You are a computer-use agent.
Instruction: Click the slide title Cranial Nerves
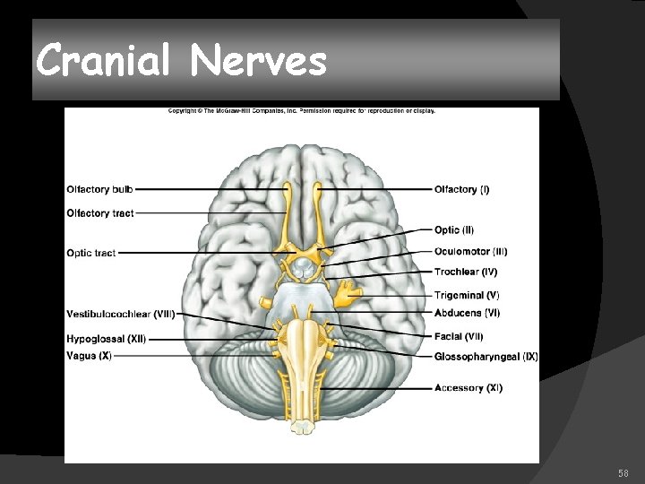coord(182,61)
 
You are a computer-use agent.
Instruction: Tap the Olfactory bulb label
coord(100,190)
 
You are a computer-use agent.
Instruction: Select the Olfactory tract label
coord(100,213)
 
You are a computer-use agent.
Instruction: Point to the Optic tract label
coord(90,254)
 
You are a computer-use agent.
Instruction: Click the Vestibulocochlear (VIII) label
coord(120,314)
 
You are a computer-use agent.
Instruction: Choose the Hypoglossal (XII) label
coord(106,340)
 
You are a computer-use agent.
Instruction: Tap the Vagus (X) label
coord(89,356)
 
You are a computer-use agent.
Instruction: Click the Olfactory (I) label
coord(461,190)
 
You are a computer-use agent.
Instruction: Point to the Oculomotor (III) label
coord(470,252)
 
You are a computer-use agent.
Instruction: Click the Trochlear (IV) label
coord(466,272)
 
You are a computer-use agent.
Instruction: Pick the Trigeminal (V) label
coord(467,295)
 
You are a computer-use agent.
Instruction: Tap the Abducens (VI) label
coord(467,313)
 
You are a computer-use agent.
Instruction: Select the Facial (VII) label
coord(459,336)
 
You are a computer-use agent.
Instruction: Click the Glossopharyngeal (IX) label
coord(486,357)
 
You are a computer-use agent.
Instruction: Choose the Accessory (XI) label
coord(469,388)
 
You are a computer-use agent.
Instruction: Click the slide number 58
coord(623,472)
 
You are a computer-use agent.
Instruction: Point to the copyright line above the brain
coord(302,111)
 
